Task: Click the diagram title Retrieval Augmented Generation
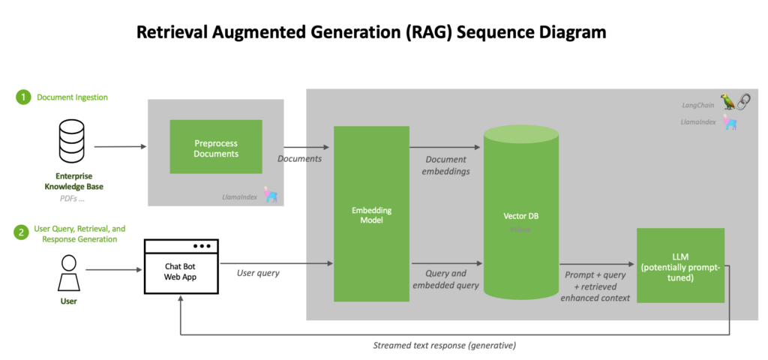coord(370,32)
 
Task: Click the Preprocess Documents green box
coord(216,148)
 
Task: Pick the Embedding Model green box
coord(371,215)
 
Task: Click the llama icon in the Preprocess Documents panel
coord(270,196)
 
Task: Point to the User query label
coord(258,273)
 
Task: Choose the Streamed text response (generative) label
coord(445,345)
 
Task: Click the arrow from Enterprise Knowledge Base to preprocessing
coord(120,147)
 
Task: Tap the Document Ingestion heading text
coord(72,97)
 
